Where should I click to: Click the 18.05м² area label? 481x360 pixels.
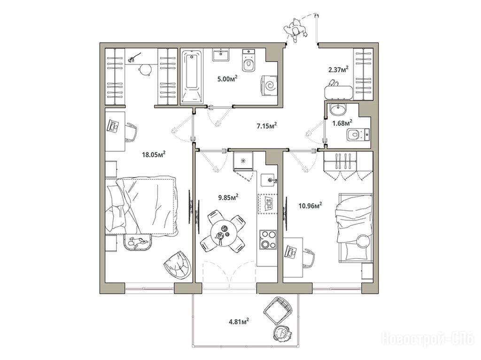click(x=154, y=154)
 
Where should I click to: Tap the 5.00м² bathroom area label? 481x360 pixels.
click(x=227, y=79)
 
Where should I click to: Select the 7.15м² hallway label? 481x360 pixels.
click(x=267, y=125)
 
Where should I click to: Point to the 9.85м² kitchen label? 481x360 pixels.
click(x=229, y=198)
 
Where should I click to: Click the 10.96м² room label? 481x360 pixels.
click(x=310, y=206)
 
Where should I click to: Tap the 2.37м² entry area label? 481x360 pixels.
click(x=338, y=69)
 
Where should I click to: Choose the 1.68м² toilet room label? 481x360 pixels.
click(x=342, y=123)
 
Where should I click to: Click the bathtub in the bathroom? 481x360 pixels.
click(x=192, y=77)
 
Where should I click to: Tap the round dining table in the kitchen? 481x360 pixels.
click(x=223, y=232)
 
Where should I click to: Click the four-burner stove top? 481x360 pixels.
click(x=268, y=240)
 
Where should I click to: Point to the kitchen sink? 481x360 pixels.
click(x=269, y=180)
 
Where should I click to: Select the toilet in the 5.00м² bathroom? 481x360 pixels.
click(x=248, y=61)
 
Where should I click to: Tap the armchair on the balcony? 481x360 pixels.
click(x=277, y=310)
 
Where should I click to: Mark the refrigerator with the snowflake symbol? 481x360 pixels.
click(x=243, y=161)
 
